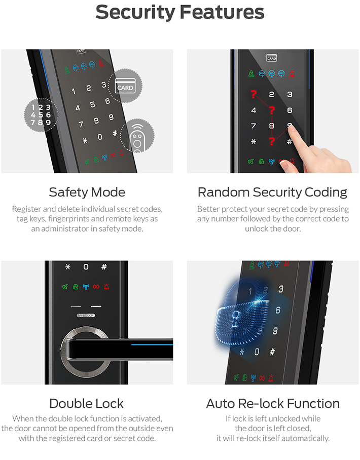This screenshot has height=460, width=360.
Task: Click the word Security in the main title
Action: (135, 13)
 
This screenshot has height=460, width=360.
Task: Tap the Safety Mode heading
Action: (87, 193)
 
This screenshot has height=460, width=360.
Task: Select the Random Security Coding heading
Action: (272, 193)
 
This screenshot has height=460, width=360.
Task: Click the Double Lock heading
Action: (86, 403)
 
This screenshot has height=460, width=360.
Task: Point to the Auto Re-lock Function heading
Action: (273, 403)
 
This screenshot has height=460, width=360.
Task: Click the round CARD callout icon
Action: (125, 86)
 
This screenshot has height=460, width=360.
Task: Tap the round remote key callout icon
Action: (137, 136)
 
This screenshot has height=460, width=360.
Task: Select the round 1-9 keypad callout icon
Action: (41, 114)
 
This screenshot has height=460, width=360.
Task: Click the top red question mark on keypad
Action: (254, 94)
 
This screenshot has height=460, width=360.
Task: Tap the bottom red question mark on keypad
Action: (272, 141)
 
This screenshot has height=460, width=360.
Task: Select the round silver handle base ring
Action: (85, 354)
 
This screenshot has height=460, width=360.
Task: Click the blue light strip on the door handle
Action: (152, 344)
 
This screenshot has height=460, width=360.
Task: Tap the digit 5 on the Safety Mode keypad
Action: (92, 104)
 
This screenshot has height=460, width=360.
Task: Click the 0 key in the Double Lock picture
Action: (86, 266)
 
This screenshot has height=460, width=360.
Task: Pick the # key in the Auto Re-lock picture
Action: (272, 352)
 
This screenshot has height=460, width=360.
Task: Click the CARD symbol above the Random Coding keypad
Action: (272, 58)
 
